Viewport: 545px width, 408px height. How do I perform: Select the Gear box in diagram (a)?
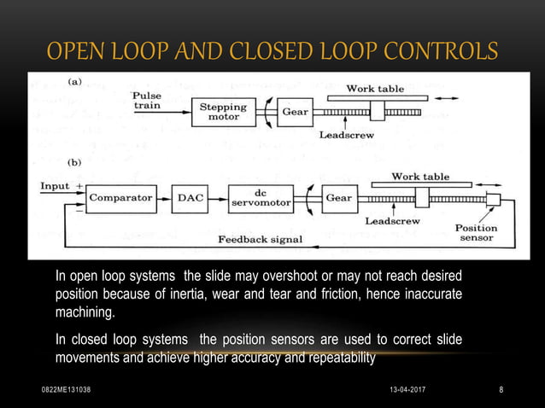click(x=295, y=113)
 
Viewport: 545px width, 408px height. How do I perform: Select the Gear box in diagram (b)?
click(x=338, y=197)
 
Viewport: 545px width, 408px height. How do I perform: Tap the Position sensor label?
click(x=476, y=234)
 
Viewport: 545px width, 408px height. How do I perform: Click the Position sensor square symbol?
click(x=492, y=200)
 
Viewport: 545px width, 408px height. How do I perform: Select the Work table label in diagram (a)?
click(x=379, y=88)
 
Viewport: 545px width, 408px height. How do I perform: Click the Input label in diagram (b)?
click(x=55, y=184)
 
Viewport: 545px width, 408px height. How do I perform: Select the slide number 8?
click(x=501, y=389)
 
